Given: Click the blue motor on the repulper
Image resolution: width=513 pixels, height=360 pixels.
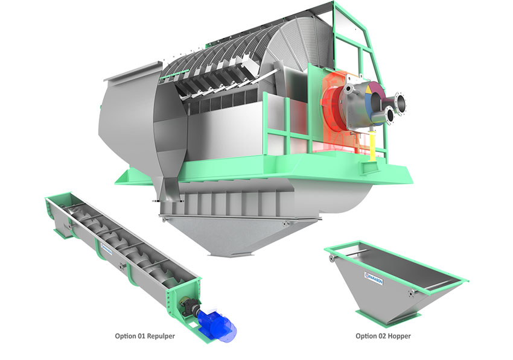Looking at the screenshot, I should click(x=218, y=320).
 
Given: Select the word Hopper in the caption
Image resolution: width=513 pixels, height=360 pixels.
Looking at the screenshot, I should click(x=399, y=336).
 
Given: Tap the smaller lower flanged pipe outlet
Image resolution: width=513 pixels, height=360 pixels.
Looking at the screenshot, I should click(x=389, y=115).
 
